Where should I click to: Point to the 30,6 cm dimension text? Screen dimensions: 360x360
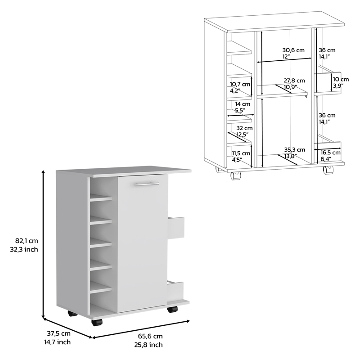(x=293, y=49)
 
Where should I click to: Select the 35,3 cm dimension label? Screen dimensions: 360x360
(x=294, y=149)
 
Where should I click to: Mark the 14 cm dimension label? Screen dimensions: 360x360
(x=239, y=103)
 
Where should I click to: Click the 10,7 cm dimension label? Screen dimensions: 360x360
(x=239, y=84)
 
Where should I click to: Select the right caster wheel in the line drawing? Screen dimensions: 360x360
(x=328, y=171)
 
